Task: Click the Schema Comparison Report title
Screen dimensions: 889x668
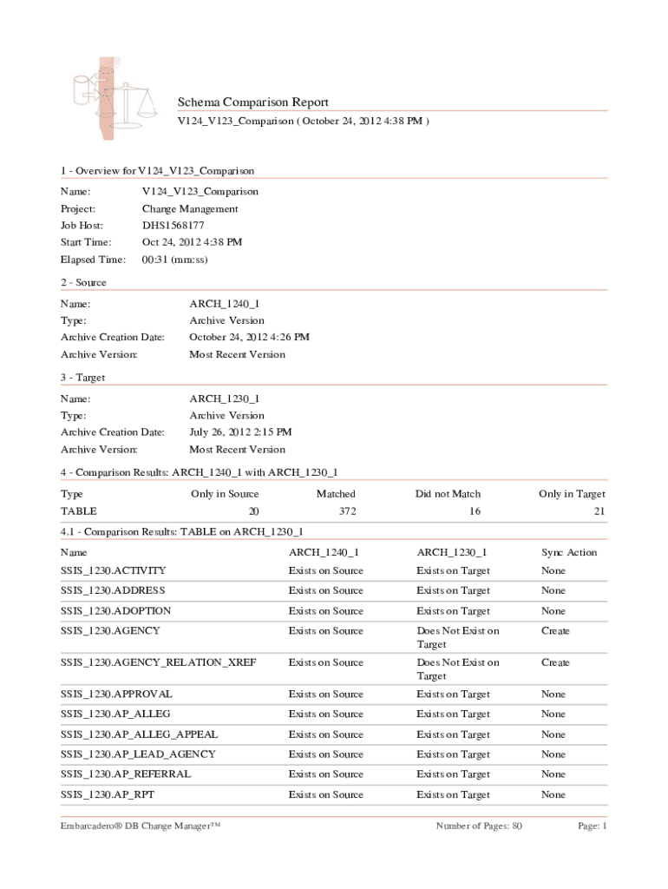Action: [252, 102]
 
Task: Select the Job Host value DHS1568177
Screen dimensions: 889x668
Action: [174, 226]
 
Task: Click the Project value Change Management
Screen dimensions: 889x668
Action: [189, 209]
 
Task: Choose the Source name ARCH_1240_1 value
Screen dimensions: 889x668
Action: [224, 304]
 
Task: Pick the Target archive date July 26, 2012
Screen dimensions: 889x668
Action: [240, 432]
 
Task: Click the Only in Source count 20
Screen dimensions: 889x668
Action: [253, 512]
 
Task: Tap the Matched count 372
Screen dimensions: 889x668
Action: [347, 512]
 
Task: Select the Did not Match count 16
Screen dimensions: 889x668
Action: [475, 512]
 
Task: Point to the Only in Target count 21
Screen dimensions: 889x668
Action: [599, 512]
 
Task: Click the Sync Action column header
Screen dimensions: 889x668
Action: [569, 552]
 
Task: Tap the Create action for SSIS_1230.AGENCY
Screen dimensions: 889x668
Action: [555, 631]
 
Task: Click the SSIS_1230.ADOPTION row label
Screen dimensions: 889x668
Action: [115, 611]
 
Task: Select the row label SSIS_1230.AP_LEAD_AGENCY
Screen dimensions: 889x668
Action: [138, 754]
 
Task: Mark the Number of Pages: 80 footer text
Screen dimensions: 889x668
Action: [479, 826]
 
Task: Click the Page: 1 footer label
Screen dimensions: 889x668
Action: [593, 826]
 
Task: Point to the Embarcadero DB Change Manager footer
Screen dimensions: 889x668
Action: [141, 826]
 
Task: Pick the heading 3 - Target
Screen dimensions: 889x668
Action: [82, 379]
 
